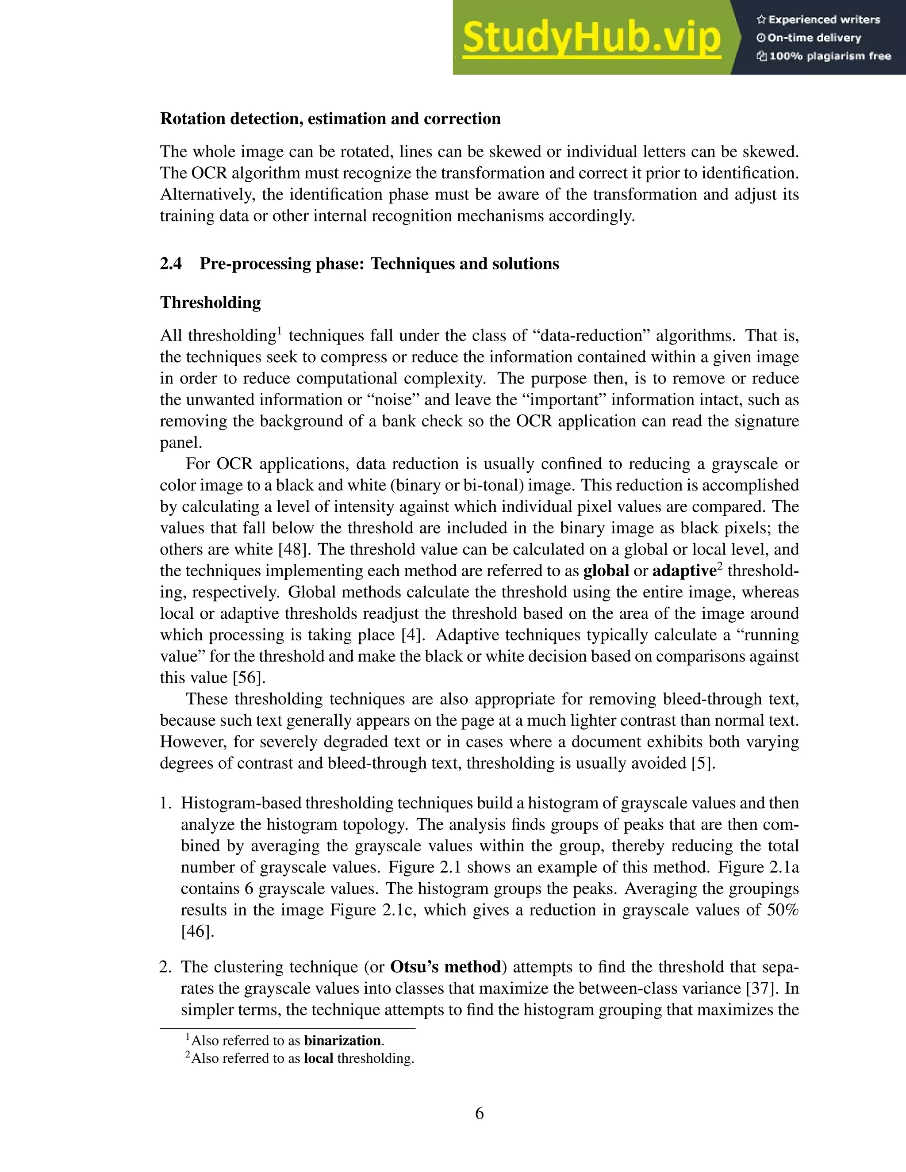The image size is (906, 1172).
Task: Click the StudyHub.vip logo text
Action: click(591, 38)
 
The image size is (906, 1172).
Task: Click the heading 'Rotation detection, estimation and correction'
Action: click(330, 119)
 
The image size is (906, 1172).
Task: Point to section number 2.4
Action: click(171, 264)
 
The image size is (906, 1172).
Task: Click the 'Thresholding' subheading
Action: click(211, 303)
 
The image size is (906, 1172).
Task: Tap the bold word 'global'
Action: click(606, 571)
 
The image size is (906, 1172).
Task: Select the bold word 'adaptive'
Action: click(684, 571)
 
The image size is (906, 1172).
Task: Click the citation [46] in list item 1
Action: click(197, 931)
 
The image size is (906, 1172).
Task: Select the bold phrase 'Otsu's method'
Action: click(445, 967)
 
